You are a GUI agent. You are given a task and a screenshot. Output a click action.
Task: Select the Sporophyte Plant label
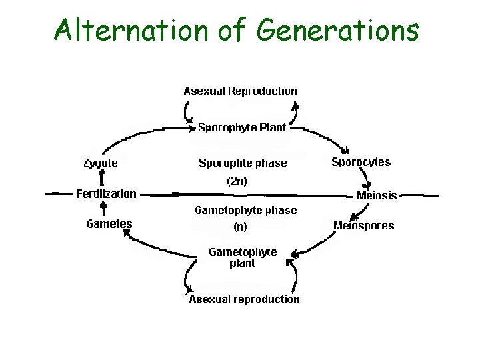[242, 127]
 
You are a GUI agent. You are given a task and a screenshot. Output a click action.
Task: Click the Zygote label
[101, 163]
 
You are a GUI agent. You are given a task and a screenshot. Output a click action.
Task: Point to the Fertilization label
[107, 194]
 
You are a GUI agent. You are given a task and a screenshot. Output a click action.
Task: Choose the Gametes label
[109, 224]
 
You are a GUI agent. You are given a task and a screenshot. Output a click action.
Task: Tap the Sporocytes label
[361, 162]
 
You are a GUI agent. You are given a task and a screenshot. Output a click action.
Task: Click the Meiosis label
[377, 195]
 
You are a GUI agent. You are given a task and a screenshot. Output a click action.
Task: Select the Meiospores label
[363, 225]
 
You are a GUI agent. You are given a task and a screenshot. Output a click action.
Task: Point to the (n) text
[240, 226]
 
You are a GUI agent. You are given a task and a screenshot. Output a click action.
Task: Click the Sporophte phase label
[243, 163]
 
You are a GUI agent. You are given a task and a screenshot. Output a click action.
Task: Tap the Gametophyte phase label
[245, 210]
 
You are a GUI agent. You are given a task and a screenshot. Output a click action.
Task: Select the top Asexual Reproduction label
[241, 91]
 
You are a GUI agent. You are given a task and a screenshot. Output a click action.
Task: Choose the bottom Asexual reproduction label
[244, 299]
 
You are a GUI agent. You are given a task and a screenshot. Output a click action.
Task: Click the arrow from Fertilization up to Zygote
[101, 179]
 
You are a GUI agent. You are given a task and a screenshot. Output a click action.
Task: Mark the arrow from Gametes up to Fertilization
[103, 209]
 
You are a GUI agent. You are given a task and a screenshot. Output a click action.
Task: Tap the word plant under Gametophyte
[242, 263]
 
